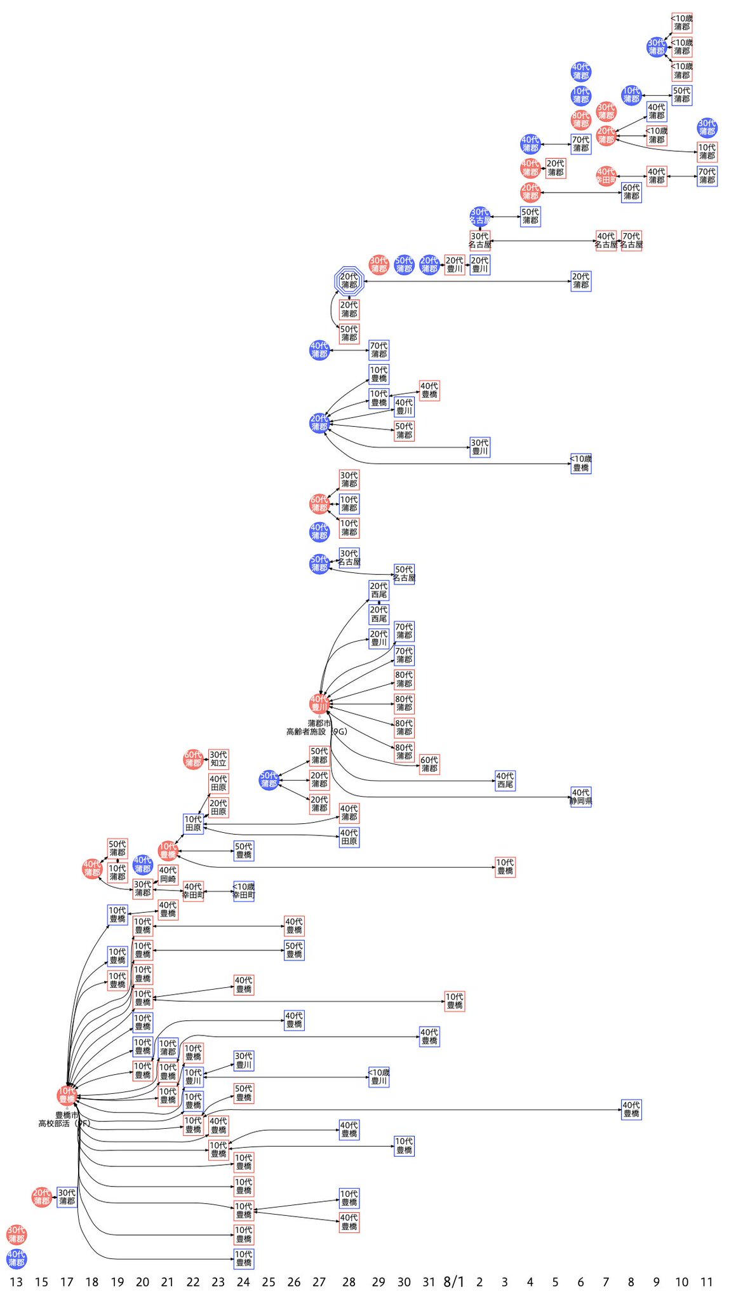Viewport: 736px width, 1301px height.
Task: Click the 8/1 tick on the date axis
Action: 453,1282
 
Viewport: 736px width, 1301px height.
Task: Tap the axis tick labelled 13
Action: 17,1283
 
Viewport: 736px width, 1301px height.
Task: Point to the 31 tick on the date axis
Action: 429,1283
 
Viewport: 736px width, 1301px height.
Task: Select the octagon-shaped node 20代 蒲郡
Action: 349,281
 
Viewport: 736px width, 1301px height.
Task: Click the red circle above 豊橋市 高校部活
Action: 67,1095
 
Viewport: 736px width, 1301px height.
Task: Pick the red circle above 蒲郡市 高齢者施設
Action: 319,703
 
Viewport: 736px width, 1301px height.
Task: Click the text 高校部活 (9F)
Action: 64,1124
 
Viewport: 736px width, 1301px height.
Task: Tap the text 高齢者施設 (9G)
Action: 316,732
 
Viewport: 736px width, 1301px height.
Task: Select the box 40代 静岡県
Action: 580,797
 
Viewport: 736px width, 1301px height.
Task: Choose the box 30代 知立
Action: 218,759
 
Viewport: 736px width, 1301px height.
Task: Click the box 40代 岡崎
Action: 168,875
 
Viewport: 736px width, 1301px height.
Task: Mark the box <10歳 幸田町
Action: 244,891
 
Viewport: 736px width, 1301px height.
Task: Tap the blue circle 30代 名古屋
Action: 480,217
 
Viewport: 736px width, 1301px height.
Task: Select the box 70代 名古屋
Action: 631,241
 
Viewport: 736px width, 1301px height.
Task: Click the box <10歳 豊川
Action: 379,1077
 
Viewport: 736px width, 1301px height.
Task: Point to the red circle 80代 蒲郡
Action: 580,119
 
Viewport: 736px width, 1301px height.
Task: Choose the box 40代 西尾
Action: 505,781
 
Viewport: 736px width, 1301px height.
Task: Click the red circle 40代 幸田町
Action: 606,176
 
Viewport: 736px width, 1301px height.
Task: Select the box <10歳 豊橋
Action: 580,463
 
